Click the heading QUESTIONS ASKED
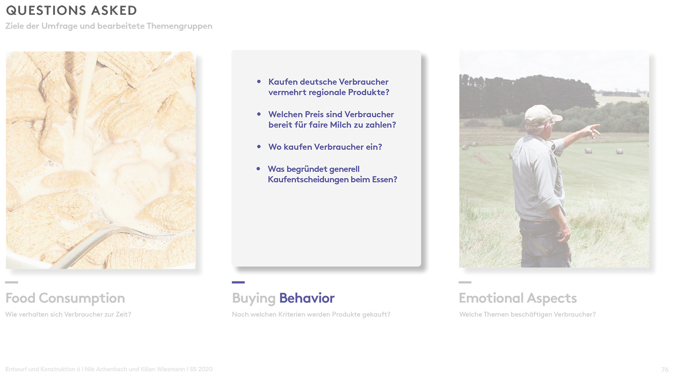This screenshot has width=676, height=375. (71, 11)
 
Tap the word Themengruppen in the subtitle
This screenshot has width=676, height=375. (180, 26)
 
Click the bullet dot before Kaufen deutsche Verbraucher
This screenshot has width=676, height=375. (259, 82)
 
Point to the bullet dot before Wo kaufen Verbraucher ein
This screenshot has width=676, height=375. (259, 147)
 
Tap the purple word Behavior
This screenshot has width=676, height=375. (307, 298)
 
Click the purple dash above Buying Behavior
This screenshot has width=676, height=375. (238, 282)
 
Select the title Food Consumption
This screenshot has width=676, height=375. (65, 298)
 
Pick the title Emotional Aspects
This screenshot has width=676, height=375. (518, 298)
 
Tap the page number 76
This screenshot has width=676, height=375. (665, 370)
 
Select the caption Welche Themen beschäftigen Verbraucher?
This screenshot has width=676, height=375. (527, 314)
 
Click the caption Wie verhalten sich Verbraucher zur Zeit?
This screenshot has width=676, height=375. (68, 314)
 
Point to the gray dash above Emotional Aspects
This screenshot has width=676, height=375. (465, 282)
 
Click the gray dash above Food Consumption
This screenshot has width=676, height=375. (11, 282)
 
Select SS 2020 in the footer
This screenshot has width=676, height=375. (201, 369)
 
